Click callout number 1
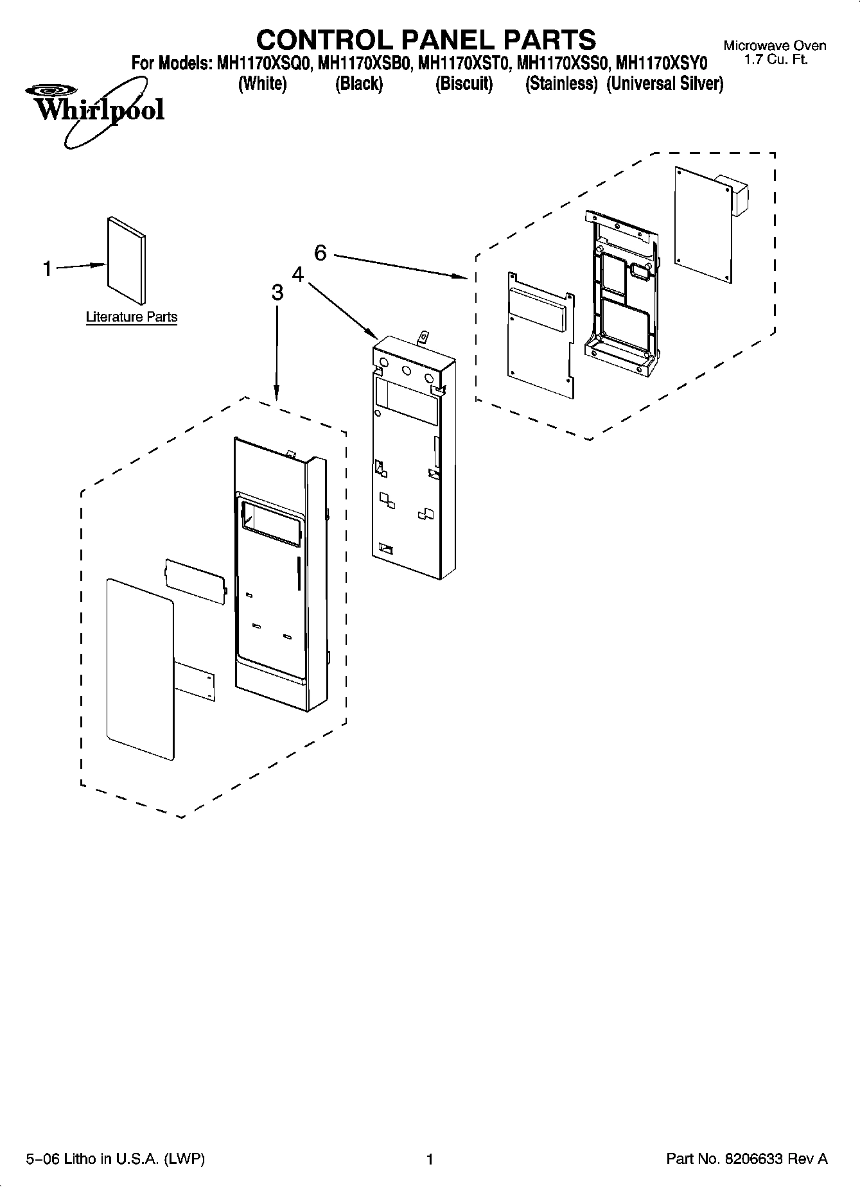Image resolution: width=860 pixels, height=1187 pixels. (47, 268)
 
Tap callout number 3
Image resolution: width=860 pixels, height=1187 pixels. (277, 293)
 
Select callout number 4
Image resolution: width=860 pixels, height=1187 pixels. (297, 274)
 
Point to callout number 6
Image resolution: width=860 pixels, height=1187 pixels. (320, 253)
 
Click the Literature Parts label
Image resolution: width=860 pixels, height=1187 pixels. (132, 317)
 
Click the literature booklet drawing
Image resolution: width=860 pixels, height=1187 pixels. (126, 259)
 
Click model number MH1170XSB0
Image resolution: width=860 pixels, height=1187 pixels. (364, 64)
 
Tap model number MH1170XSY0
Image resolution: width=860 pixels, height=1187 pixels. (661, 64)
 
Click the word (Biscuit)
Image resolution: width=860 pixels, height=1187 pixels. (464, 84)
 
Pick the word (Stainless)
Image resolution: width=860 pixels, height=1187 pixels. (561, 84)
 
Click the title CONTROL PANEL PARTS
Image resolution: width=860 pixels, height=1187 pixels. (426, 40)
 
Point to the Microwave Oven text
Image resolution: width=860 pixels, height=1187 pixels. (775, 46)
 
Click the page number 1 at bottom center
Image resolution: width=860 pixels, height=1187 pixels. (430, 1159)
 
